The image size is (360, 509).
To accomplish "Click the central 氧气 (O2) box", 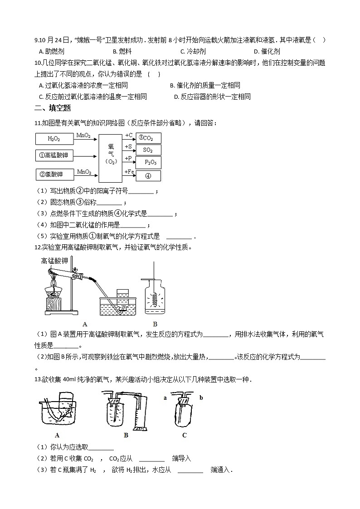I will point(111,155).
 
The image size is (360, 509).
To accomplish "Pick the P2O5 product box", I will point(149,162).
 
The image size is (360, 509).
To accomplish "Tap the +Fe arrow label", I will point(129,171).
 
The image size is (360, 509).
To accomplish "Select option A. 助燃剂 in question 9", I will point(52,52).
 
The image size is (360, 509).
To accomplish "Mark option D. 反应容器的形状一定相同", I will point(212,97).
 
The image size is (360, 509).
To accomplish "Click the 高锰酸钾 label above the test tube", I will point(54,261).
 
